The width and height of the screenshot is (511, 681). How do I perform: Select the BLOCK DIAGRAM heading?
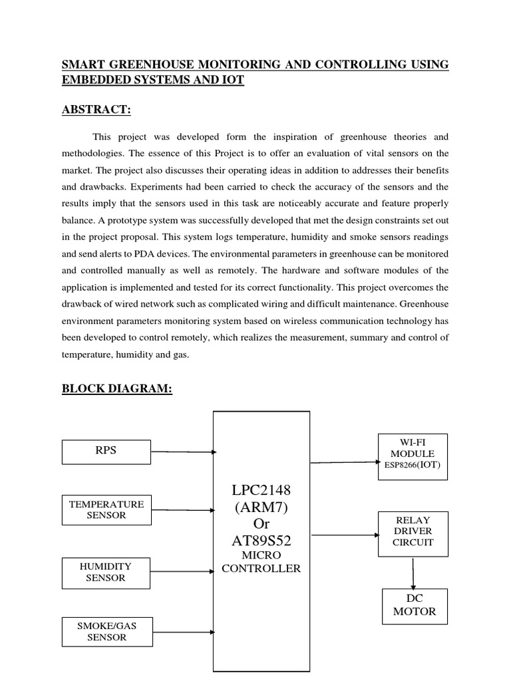[117, 389]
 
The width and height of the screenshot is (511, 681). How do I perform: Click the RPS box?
[106, 451]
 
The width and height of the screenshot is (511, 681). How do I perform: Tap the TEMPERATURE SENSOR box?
[106, 509]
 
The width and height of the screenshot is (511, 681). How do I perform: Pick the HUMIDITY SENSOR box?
[106, 573]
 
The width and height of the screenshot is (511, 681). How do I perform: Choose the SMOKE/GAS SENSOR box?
[106, 632]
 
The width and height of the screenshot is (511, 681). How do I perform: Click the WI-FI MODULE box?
[413, 457]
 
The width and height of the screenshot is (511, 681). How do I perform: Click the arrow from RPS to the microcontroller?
[182, 452]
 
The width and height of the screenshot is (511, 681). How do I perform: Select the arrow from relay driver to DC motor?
[414, 572]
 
